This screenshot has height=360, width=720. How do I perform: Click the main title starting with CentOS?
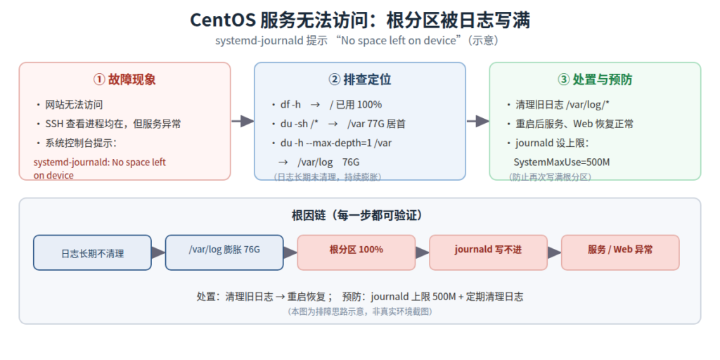[x=359, y=20]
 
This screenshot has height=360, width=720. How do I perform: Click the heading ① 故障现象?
[x=124, y=80]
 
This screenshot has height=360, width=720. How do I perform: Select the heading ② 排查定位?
[x=360, y=80]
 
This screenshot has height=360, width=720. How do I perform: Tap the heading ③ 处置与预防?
[x=595, y=80]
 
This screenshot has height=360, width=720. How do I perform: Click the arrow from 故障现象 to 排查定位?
[x=243, y=121]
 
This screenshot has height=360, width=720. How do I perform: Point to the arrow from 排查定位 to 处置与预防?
[x=478, y=121]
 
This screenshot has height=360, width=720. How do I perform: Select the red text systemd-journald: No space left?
[x=100, y=162]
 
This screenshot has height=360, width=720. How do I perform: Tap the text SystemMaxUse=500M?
[x=562, y=162]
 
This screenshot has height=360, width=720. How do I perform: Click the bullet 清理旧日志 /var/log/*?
[x=562, y=105]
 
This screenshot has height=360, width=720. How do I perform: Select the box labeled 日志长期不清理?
[x=92, y=252]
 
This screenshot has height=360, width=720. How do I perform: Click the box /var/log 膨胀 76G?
[x=224, y=252]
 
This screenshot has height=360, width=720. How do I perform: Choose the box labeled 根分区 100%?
[x=356, y=252]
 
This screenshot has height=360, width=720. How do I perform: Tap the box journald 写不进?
[x=488, y=252]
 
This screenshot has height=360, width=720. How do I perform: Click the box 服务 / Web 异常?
[x=620, y=252]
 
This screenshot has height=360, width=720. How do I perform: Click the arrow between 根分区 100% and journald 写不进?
[x=423, y=252]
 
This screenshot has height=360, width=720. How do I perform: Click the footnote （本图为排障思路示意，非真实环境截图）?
[x=359, y=311]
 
